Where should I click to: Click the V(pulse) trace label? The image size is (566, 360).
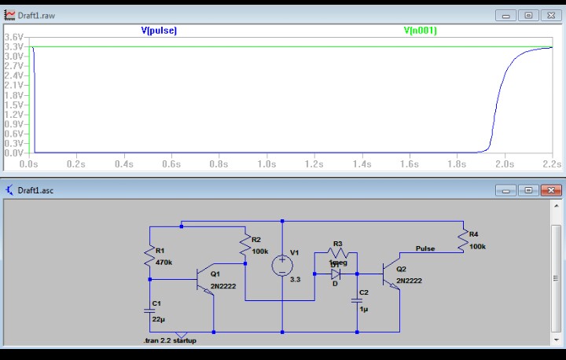click(159, 31)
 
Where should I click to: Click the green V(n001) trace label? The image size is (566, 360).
click(421, 31)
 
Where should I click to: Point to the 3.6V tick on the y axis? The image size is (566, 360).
click(13, 38)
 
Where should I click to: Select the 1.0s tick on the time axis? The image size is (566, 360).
click(266, 164)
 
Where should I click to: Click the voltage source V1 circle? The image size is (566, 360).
click(281, 266)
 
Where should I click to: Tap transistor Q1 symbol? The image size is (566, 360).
click(206, 279)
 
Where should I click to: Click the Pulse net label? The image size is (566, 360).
click(425, 248)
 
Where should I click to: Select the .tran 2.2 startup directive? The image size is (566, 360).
click(170, 340)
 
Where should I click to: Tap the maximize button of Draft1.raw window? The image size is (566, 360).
click(529, 15)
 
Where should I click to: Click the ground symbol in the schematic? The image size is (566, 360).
click(182, 335)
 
